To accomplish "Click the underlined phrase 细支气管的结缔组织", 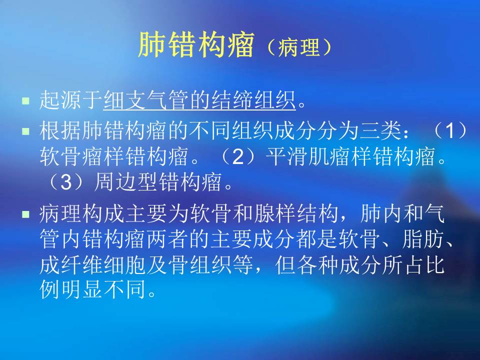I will [200, 101].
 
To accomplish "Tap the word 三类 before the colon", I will [377, 132].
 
